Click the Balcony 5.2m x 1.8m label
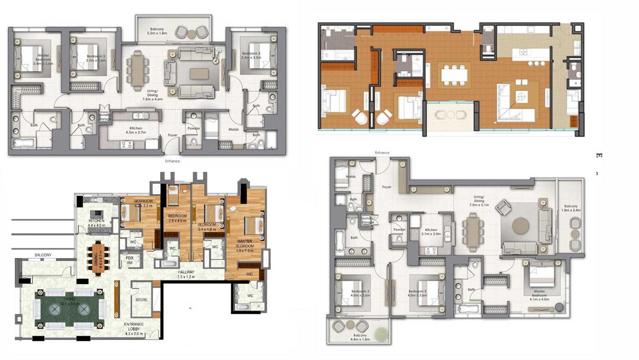(x=157, y=32)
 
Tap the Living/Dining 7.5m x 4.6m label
(x=152, y=95)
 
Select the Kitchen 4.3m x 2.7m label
(x=136, y=130)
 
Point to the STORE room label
(x=141, y=300)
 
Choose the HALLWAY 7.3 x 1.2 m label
(x=186, y=274)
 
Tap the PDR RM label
(x=129, y=261)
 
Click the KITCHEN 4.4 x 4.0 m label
(x=97, y=223)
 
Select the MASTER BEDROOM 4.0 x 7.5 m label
(x=244, y=246)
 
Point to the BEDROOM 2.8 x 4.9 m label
(x=177, y=218)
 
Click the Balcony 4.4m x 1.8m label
(x=360, y=337)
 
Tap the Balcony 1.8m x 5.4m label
(x=571, y=208)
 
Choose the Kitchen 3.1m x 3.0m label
(x=431, y=232)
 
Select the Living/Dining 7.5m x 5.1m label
(x=479, y=201)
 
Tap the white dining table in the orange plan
(x=454, y=75)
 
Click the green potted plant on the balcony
(x=382, y=332)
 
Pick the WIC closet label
(x=250, y=274)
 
